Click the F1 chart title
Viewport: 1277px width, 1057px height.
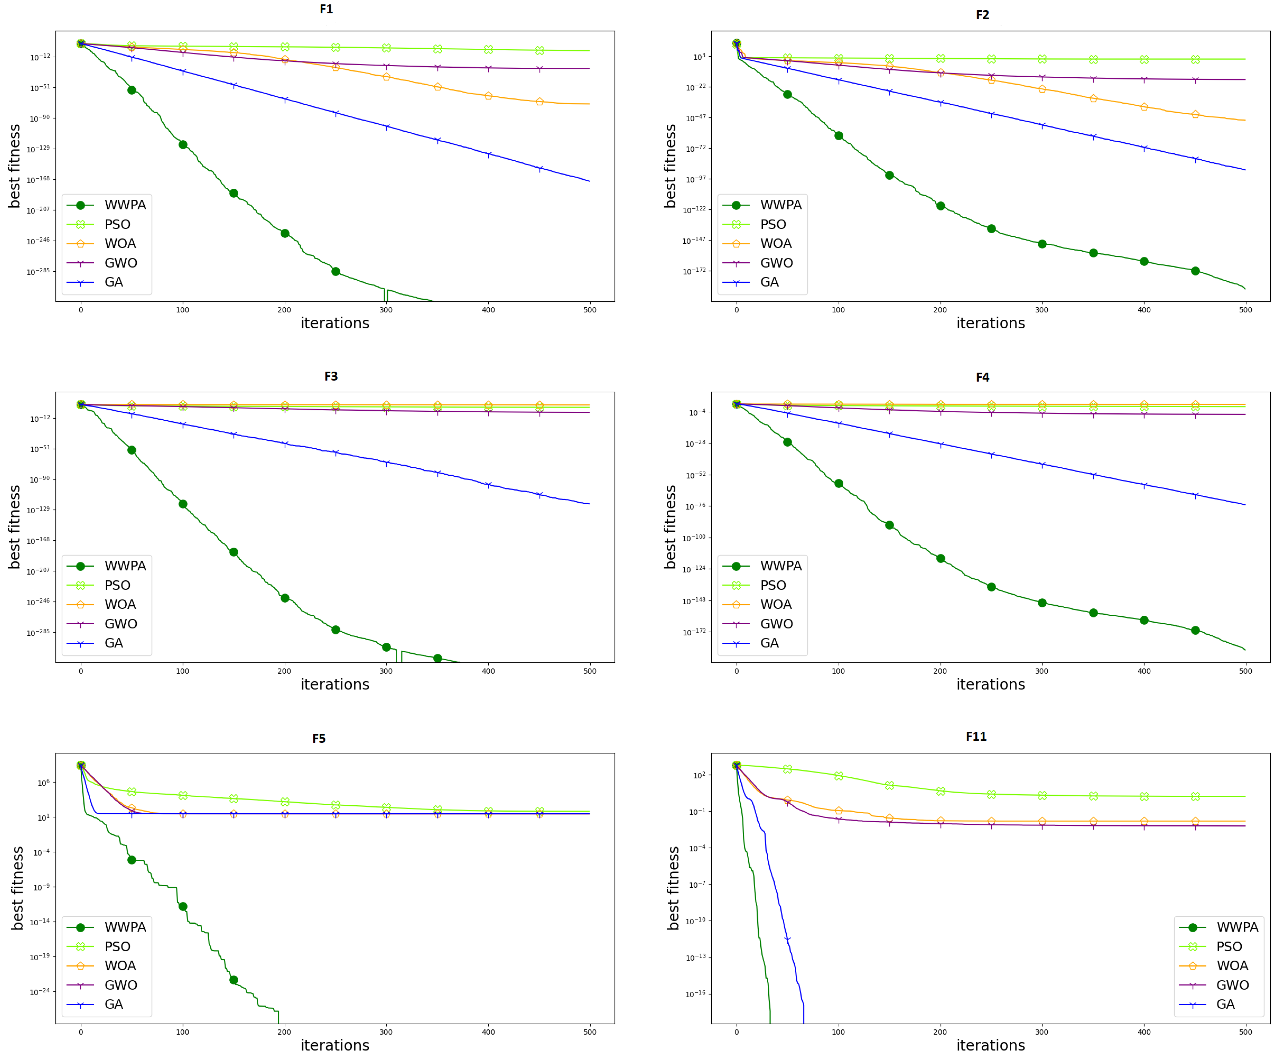tap(326, 9)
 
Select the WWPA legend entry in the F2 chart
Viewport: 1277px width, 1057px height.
tap(780, 205)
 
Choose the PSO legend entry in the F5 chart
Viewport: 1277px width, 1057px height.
tap(117, 946)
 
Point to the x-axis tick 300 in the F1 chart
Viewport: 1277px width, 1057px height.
tap(386, 310)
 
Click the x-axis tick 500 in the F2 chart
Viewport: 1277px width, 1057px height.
tap(1246, 310)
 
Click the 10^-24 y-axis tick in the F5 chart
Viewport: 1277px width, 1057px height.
tap(40, 992)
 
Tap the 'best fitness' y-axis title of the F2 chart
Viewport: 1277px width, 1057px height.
tap(670, 166)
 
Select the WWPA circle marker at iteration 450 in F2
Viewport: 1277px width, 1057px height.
tap(1195, 271)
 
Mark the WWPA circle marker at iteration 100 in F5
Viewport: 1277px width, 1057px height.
tap(182, 906)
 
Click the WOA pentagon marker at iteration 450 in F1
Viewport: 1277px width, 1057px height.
tap(539, 101)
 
